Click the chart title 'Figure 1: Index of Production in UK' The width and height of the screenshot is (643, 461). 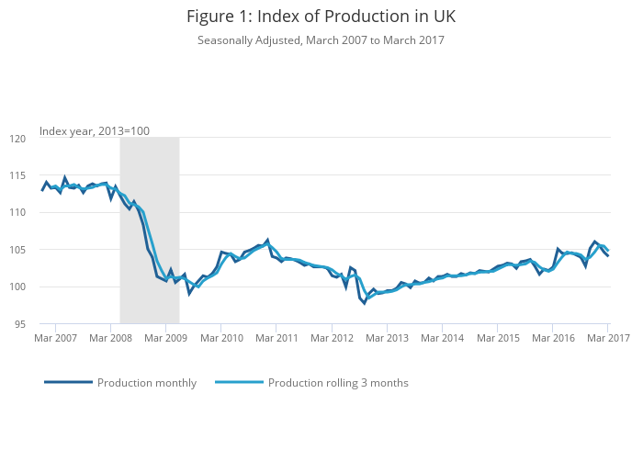click(x=321, y=17)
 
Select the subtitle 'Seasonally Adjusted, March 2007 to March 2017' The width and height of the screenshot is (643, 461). click(x=321, y=40)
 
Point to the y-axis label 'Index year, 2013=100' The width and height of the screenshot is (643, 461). click(x=95, y=131)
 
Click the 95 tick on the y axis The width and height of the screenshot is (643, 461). click(x=28, y=324)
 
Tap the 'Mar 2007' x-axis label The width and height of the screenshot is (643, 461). click(x=56, y=338)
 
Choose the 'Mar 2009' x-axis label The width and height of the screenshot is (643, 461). click(x=166, y=338)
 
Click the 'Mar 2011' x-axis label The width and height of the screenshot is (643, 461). click(x=276, y=338)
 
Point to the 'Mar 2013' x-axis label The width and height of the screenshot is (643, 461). click(x=387, y=338)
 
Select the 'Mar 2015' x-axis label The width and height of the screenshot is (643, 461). click(x=497, y=338)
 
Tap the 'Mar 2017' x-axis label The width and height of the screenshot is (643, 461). click(x=607, y=338)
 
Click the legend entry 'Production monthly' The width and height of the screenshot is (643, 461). click(x=147, y=383)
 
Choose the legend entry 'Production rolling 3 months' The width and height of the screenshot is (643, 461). click(x=338, y=383)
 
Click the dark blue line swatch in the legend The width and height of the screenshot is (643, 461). click(x=68, y=383)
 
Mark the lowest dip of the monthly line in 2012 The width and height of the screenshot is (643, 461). click(x=364, y=302)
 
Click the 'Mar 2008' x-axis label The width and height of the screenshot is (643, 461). click(x=111, y=338)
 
